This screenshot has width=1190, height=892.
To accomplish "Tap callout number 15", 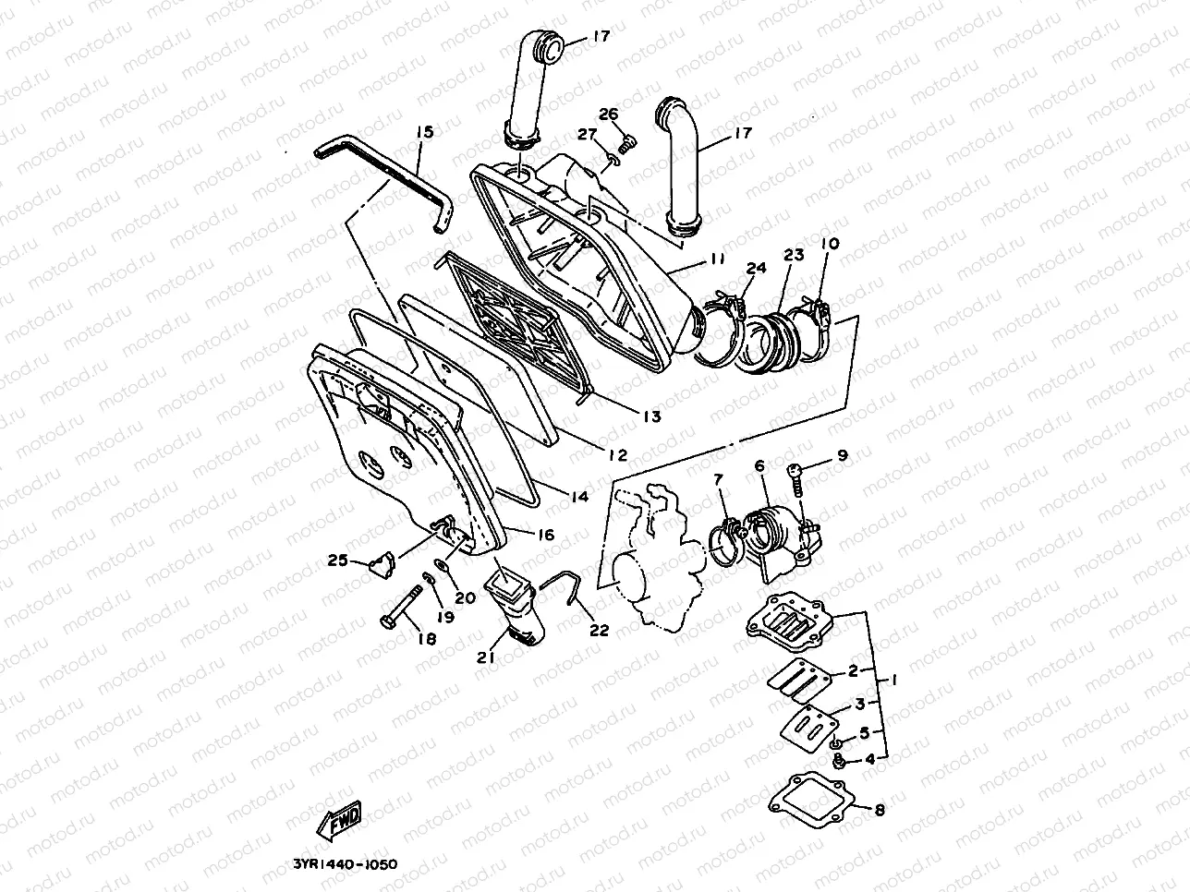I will (423, 132).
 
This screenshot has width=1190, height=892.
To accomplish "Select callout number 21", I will (486, 657).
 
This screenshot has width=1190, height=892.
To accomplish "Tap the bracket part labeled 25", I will (382, 562).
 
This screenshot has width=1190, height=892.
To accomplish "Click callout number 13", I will (651, 417).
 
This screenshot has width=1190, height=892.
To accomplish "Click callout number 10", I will (829, 244).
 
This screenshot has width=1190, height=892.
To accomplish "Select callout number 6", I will (759, 467).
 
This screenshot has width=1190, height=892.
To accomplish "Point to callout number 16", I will (544, 535).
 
